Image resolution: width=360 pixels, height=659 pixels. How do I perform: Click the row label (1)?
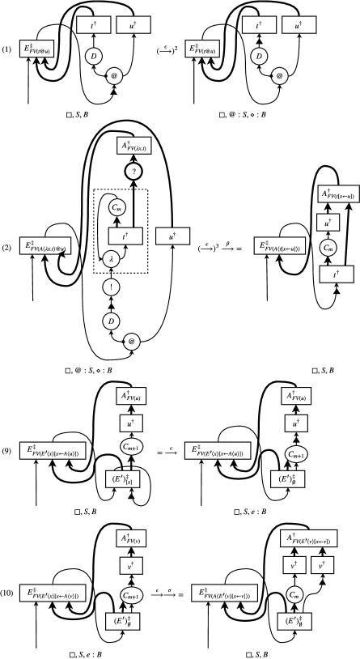point(11,57)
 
